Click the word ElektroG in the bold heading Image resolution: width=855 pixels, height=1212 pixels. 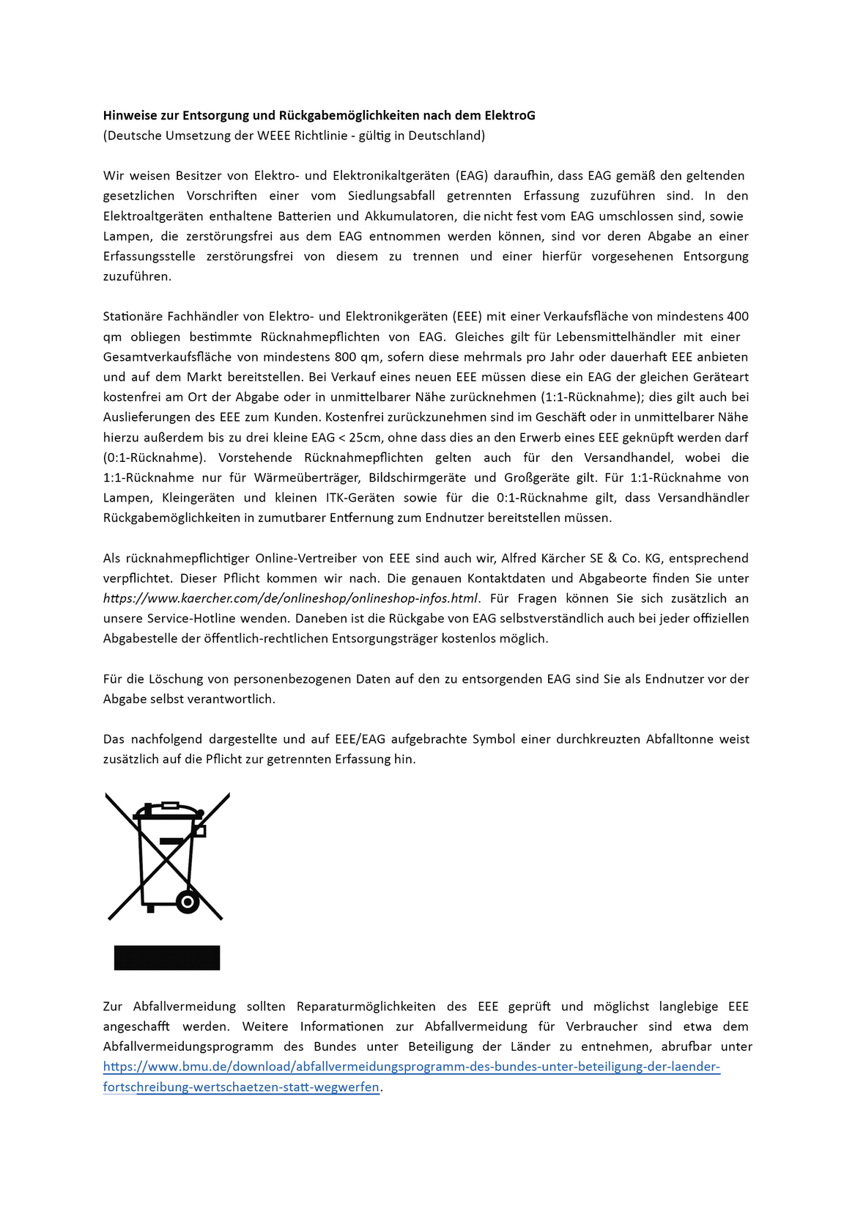[509, 115]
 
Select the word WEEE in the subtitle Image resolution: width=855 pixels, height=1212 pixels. [274, 136]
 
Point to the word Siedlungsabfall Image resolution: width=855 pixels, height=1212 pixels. [391, 196]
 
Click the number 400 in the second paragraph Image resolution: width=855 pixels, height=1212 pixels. [738, 317]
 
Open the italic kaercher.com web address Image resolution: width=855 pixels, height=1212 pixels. [290, 599]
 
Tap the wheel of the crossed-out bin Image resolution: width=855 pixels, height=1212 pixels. [188, 901]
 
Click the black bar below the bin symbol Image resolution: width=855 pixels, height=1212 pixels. [167, 958]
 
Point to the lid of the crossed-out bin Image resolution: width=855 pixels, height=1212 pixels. [169, 811]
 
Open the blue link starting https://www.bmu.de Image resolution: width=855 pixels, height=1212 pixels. [411, 1067]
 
